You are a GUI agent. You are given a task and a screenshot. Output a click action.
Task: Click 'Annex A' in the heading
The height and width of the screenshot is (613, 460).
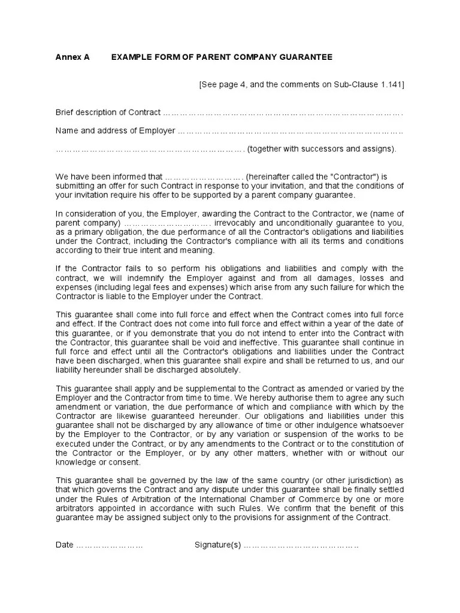point(72,57)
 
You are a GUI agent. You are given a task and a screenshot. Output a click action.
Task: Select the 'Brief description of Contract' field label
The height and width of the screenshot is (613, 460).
point(108,113)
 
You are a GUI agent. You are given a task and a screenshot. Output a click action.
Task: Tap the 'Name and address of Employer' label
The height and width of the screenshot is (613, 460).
point(115,131)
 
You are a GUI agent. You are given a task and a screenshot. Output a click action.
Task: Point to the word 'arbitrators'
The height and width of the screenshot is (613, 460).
point(75,508)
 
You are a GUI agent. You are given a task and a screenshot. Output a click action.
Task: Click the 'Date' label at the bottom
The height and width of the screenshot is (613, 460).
point(65,545)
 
